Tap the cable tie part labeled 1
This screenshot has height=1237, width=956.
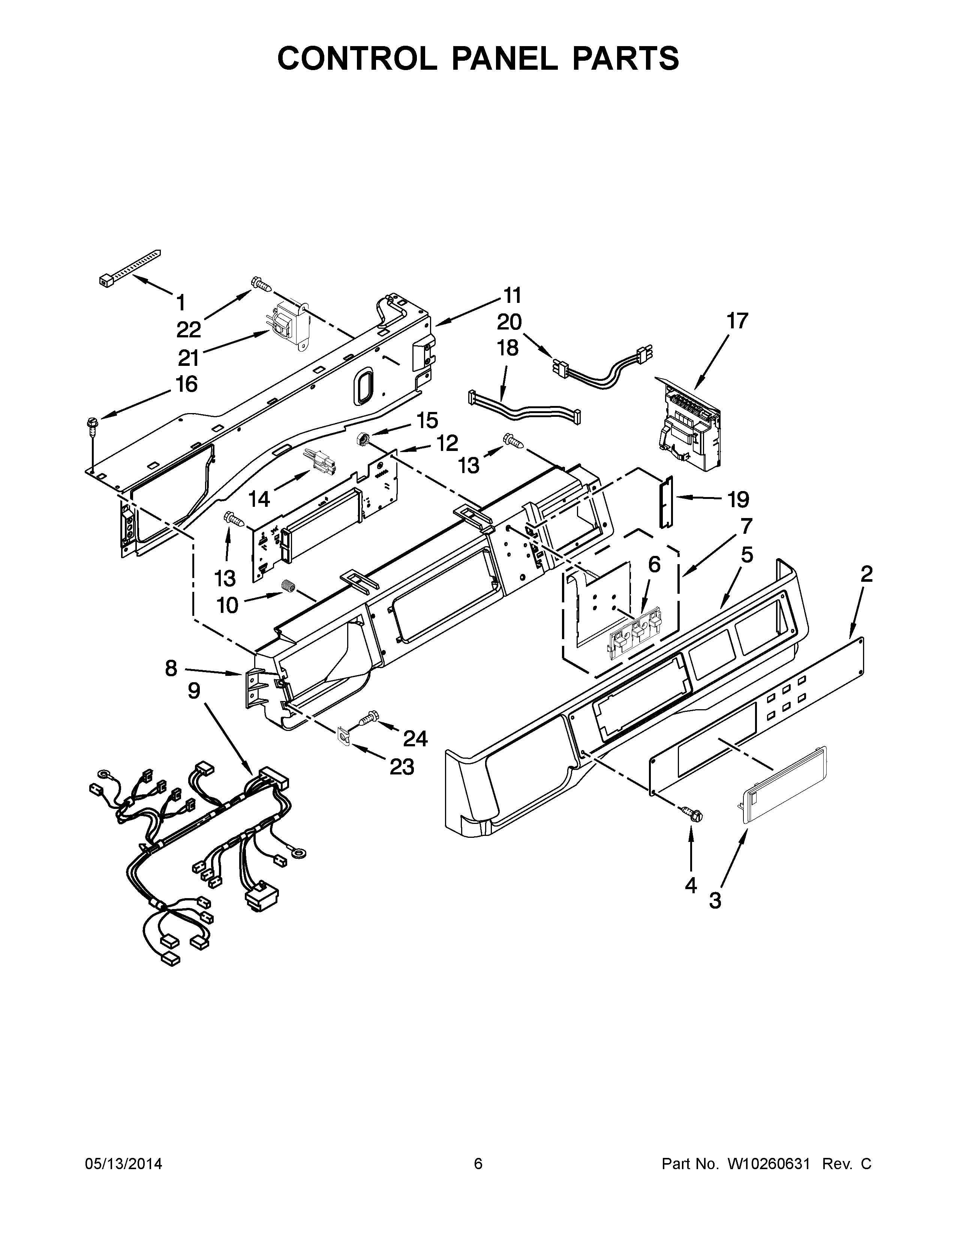(129, 266)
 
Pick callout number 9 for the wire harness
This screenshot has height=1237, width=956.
(194, 690)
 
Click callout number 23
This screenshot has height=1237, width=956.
(401, 767)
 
